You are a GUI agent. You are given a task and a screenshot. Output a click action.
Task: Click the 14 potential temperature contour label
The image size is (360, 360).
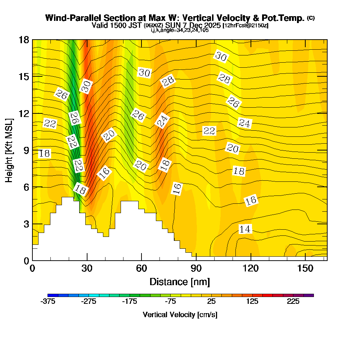point(245,229)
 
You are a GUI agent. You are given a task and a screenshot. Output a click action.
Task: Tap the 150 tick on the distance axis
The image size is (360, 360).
point(305,269)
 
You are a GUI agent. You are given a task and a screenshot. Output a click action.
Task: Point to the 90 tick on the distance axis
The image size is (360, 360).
point(196,269)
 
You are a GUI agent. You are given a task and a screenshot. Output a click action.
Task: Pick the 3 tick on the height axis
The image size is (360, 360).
point(26,224)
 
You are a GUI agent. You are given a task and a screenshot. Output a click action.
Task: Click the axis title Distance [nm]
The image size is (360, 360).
point(180,282)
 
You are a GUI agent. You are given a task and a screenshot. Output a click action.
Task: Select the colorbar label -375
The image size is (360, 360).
point(48,302)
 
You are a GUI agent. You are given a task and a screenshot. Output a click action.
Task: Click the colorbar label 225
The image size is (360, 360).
point(293,302)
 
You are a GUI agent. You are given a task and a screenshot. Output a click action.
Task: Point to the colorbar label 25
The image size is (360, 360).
point(211,302)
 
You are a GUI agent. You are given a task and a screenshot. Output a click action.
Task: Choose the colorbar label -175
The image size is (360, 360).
point(130,302)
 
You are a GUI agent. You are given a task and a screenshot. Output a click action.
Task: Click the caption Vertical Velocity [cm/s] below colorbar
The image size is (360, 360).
point(180,315)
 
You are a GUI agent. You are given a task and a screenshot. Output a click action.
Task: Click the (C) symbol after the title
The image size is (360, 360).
point(311,18)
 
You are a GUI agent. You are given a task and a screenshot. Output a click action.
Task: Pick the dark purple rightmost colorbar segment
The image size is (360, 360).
point(309,295)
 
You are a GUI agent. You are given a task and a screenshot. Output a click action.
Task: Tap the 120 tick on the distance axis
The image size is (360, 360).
point(251,269)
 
